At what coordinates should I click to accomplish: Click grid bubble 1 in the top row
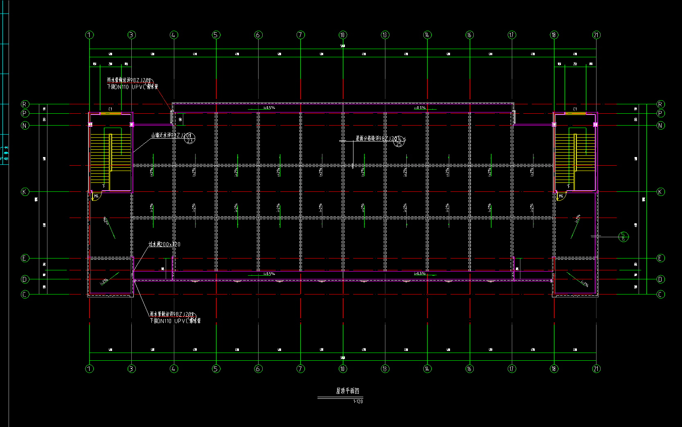coord(90,35)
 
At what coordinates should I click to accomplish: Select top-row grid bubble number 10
coord(343,35)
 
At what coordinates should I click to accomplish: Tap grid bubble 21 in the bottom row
coord(596,369)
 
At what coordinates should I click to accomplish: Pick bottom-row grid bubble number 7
coord(301,369)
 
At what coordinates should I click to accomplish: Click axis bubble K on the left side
coord(25,192)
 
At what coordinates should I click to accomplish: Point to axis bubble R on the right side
coord(660,104)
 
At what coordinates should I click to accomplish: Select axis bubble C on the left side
coord(25,294)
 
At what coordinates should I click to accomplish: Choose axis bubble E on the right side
coord(660,258)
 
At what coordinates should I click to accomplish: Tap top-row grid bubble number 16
coord(469,35)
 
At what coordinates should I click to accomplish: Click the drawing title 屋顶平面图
coord(347,391)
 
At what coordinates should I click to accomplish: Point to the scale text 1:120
coord(358,402)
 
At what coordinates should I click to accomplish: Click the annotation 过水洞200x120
coord(164,244)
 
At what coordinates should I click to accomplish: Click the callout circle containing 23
coord(189,140)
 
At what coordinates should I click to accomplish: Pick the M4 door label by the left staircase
coord(97,197)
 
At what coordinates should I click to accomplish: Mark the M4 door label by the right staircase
coord(561,197)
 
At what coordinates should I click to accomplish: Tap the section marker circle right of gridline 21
coord(623,236)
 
